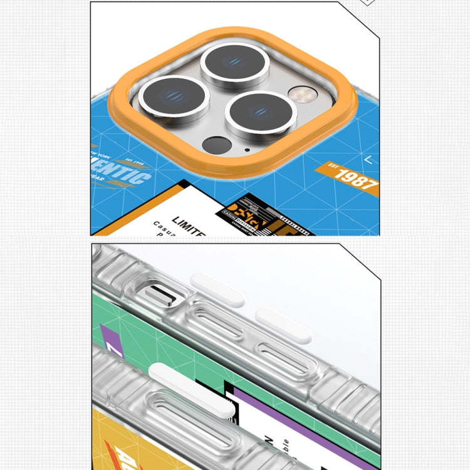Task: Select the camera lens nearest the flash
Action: coord(260,115)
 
